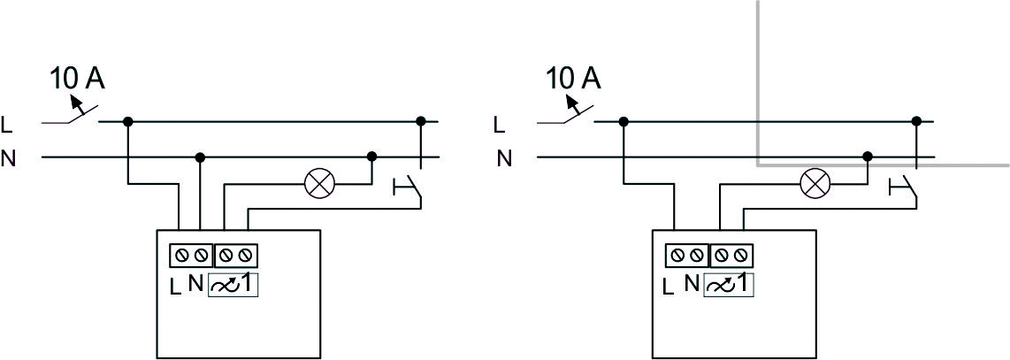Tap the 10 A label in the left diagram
coord(77,79)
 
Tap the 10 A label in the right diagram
coord(573,79)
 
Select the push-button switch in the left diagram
coord(408,189)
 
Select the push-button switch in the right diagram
coord(903,189)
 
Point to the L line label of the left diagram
coord(7,126)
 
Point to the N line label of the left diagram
coord(8,158)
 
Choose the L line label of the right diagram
coord(499,126)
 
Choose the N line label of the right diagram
coord(504,158)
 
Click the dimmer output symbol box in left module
coord(233,284)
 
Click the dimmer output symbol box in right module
coord(729,284)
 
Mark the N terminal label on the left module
coord(195,283)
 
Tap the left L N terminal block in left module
coord(191,256)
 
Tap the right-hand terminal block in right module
coord(731,256)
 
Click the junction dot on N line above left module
coord(201,157)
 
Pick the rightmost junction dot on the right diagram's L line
coord(916,121)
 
